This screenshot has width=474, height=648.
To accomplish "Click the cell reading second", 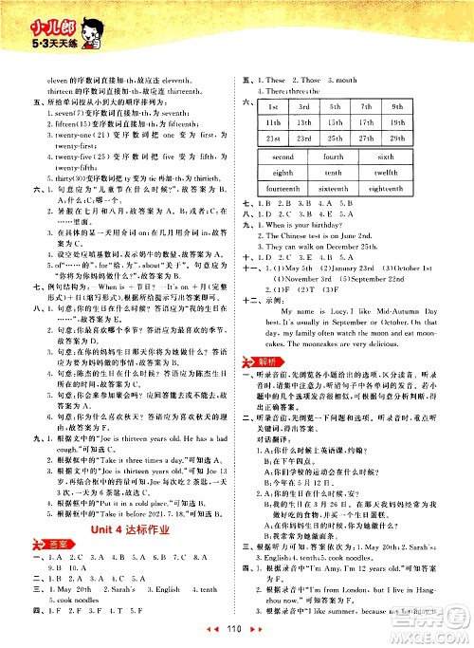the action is click(x=283, y=157).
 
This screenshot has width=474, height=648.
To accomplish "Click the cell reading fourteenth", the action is click(x=283, y=189).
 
